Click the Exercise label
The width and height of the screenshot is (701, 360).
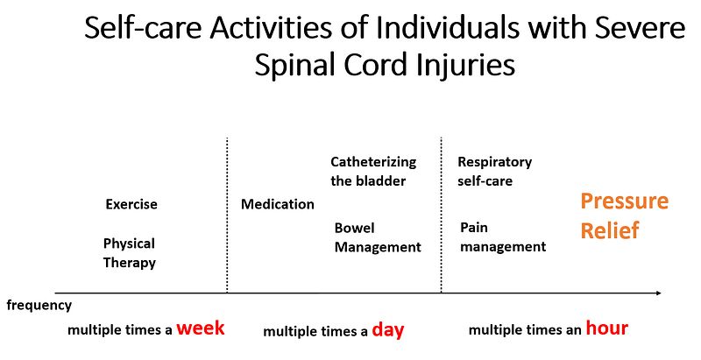click(x=131, y=204)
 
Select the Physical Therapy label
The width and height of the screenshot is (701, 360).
click(x=129, y=253)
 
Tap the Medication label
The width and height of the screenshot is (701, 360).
click(x=278, y=204)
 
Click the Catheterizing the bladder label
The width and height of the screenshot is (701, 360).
click(x=373, y=171)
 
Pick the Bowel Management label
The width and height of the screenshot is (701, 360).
click(x=378, y=237)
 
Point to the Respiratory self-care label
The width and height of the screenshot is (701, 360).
click(x=495, y=171)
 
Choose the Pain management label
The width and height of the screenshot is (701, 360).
click(x=503, y=237)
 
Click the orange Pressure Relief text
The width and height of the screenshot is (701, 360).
click(x=624, y=215)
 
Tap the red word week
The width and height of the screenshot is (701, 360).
click(x=201, y=328)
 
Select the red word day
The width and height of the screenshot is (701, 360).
click(x=388, y=330)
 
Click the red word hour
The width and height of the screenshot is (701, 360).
click(x=607, y=328)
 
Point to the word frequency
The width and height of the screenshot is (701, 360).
click(x=39, y=306)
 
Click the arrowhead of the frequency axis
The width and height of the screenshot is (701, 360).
click(x=659, y=293)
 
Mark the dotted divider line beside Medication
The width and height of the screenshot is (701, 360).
click(x=227, y=215)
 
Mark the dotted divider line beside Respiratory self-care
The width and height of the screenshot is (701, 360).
click(x=442, y=215)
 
